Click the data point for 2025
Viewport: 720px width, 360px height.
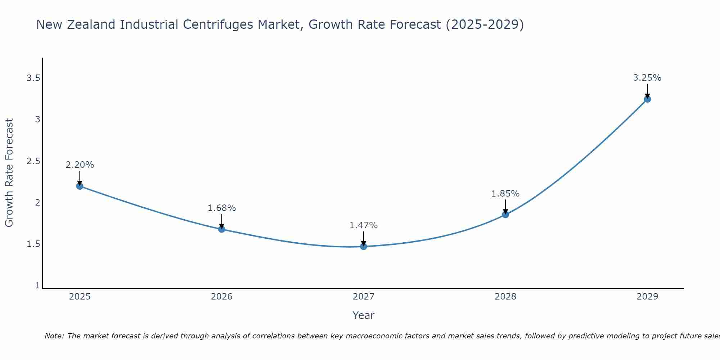click(x=80, y=186)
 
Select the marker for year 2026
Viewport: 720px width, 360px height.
click(x=222, y=229)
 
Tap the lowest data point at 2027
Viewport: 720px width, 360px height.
click(x=364, y=246)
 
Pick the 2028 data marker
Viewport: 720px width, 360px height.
click(x=505, y=215)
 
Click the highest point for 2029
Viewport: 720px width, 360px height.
click(x=647, y=99)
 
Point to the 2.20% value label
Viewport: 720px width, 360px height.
click(x=80, y=165)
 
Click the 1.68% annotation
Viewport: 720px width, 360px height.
click(x=222, y=208)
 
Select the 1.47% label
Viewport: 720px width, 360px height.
click(x=364, y=225)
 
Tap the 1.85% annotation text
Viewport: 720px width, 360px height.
click(x=505, y=194)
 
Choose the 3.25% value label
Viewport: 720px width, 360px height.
click(x=647, y=78)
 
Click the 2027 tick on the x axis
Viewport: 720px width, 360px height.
click(x=364, y=297)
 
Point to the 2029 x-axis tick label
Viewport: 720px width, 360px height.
click(x=647, y=297)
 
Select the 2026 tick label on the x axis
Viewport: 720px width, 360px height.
click(x=222, y=297)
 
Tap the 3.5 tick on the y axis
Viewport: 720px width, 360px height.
click(x=33, y=78)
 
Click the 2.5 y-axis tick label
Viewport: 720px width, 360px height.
click(x=33, y=161)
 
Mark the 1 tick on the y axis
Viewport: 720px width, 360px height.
click(x=37, y=285)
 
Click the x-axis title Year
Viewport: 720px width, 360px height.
click(x=364, y=315)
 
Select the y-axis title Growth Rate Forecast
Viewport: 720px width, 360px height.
click(x=9, y=173)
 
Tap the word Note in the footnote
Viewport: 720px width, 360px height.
click(x=54, y=336)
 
